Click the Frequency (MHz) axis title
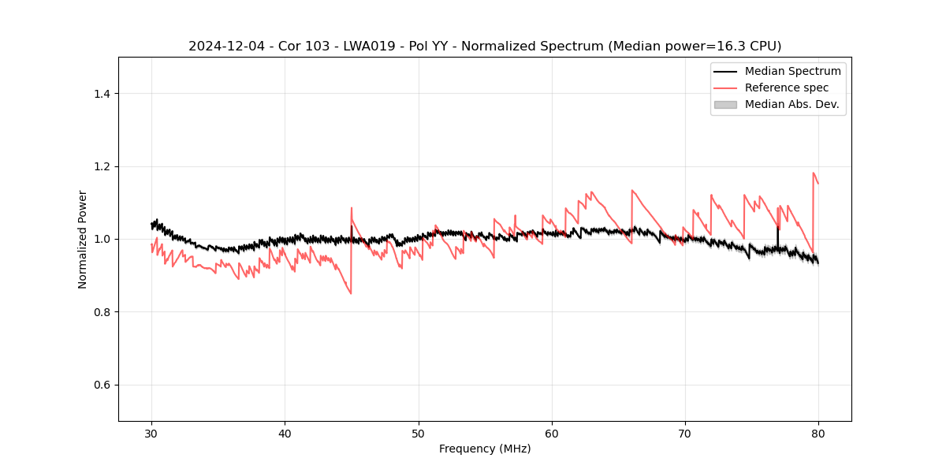pyautogui.click(x=485, y=449)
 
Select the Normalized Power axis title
pyautogui.click(x=83, y=239)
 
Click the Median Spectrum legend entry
pyautogui.click(x=792, y=71)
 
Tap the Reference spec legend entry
pyautogui.click(x=786, y=88)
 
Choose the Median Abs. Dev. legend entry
pyautogui.click(x=791, y=104)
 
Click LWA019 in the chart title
pyautogui.click(x=370, y=47)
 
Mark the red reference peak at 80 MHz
pyautogui.click(x=814, y=173)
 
